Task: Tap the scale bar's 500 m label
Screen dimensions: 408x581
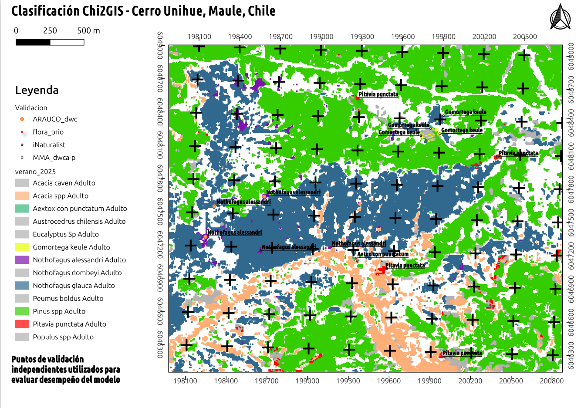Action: (88, 30)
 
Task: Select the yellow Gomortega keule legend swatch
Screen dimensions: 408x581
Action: (22, 247)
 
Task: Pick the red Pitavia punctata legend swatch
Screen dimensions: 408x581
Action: (22, 324)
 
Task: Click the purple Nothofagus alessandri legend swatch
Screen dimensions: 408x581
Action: (22, 260)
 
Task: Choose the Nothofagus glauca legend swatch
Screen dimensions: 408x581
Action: (22, 286)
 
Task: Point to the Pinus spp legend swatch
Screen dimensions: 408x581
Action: (22, 311)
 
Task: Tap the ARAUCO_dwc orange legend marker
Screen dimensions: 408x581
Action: (22, 119)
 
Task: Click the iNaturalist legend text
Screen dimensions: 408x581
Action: (49, 145)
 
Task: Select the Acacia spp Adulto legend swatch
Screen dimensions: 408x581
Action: (22, 196)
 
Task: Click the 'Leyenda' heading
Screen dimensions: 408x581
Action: (37, 90)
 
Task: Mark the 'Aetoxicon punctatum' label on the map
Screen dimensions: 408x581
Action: (383, 254)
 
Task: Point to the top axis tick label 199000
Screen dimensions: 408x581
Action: (321, 37)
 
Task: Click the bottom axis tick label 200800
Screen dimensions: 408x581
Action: (551, 381)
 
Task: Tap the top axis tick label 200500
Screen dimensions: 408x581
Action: (525, 37)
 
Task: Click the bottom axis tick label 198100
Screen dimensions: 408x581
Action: (185, 381)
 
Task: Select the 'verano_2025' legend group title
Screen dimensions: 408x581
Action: (35, 172)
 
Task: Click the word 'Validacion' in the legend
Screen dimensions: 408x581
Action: (31, 108)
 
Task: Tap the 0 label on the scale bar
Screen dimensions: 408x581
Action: (16, 30)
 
